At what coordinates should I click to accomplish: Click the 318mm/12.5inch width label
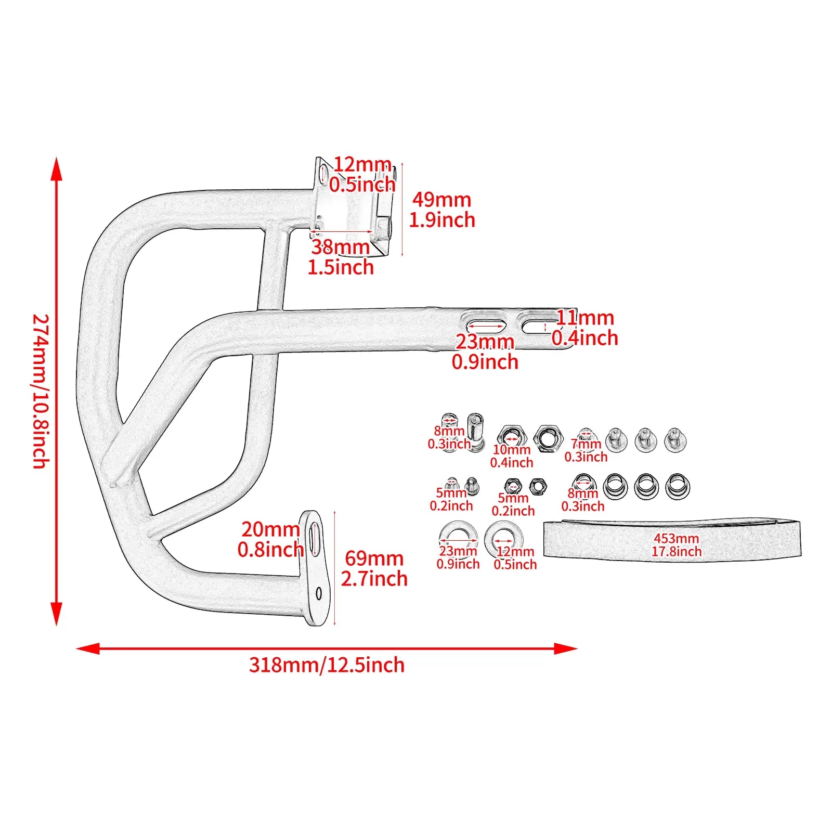(x=327, y=665)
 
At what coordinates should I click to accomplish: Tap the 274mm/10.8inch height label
(x=41, y=391)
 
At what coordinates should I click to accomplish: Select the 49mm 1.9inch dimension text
(x=442, y=210)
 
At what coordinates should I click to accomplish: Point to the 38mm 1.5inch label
(x=341, y=257)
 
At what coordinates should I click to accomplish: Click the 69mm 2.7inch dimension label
(x=374, y=568)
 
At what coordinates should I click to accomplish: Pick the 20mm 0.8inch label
(x=270, y=539)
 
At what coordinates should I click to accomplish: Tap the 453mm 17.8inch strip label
(x=677, y=545)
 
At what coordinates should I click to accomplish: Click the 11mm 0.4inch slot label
(x=585, y=328)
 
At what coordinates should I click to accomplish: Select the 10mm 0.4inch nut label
(x=512, y=456)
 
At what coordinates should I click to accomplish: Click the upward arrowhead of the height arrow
(x=57, y=169)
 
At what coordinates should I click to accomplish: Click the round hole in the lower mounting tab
(x=319, y=593)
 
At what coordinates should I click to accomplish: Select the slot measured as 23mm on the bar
(x=485, y=326)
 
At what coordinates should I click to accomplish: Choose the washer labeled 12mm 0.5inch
(x=503, y=538)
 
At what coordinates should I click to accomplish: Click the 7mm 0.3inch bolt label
(x=586, y=450)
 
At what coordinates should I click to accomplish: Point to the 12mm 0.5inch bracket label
(x=362, y=174)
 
